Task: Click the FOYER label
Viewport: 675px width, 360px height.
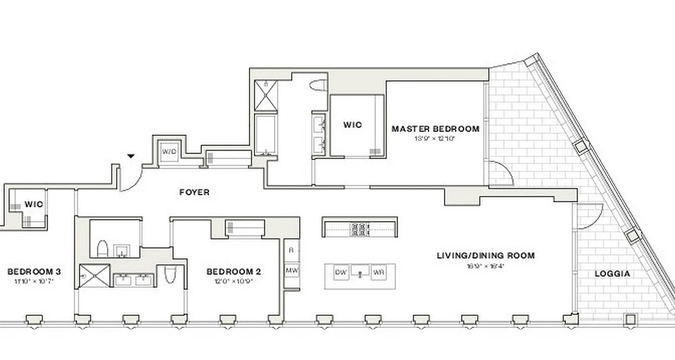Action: click(x=194, y=192)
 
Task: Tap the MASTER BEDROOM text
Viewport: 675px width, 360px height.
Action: click(x=435, y=129)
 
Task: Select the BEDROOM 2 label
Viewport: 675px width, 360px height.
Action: click(x=234, y=272)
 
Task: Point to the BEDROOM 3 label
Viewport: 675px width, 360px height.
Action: click(x=34, y=272)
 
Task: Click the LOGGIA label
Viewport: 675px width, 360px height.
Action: click(x=612, y=274)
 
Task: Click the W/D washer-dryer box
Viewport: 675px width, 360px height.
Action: click(x=169, y=152)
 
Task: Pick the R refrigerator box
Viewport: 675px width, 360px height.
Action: click(x=291, y=250)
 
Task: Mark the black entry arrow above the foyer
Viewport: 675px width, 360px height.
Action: click(x=131, y=156)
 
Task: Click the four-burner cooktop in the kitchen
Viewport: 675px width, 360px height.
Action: click(x=360, y=229)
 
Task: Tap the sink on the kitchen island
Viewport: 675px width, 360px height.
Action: click(x=360, y=271)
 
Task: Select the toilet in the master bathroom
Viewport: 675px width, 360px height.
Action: click(x=319, y=85)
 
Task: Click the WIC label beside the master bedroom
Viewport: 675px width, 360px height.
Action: click(x=352, y=125)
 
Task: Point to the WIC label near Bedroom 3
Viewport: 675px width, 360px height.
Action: click(x=34, y=204)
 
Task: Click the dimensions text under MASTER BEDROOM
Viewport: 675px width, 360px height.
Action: click(x=435, y=139)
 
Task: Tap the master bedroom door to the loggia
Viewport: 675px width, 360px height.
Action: click(x=500, y=174)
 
